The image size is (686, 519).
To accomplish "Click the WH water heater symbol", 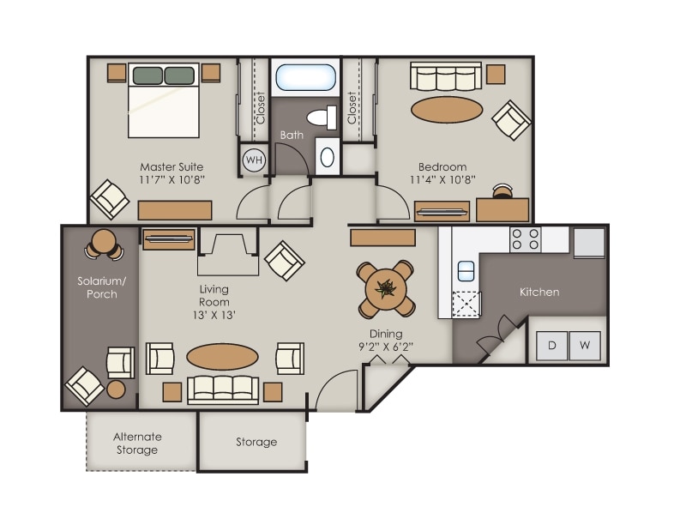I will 254,160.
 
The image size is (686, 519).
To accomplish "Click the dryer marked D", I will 552,346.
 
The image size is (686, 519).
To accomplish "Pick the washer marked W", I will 585,346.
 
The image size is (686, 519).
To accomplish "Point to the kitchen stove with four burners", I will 525,238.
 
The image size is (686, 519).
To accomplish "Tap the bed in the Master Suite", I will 165,101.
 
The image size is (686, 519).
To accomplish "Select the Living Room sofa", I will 223,388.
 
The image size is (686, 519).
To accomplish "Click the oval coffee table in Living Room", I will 222,357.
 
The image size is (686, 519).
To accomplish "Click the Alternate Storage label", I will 137,443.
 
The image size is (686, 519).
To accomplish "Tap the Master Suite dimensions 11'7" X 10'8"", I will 172,179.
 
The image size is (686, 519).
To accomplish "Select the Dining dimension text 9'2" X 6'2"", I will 387,347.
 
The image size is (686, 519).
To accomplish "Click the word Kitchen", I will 539,292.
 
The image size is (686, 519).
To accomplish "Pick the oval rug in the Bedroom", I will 447,109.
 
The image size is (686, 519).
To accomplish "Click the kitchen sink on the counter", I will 466,271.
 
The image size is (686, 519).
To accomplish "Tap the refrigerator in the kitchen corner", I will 589,241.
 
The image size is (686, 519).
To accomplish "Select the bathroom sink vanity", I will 327,156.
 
